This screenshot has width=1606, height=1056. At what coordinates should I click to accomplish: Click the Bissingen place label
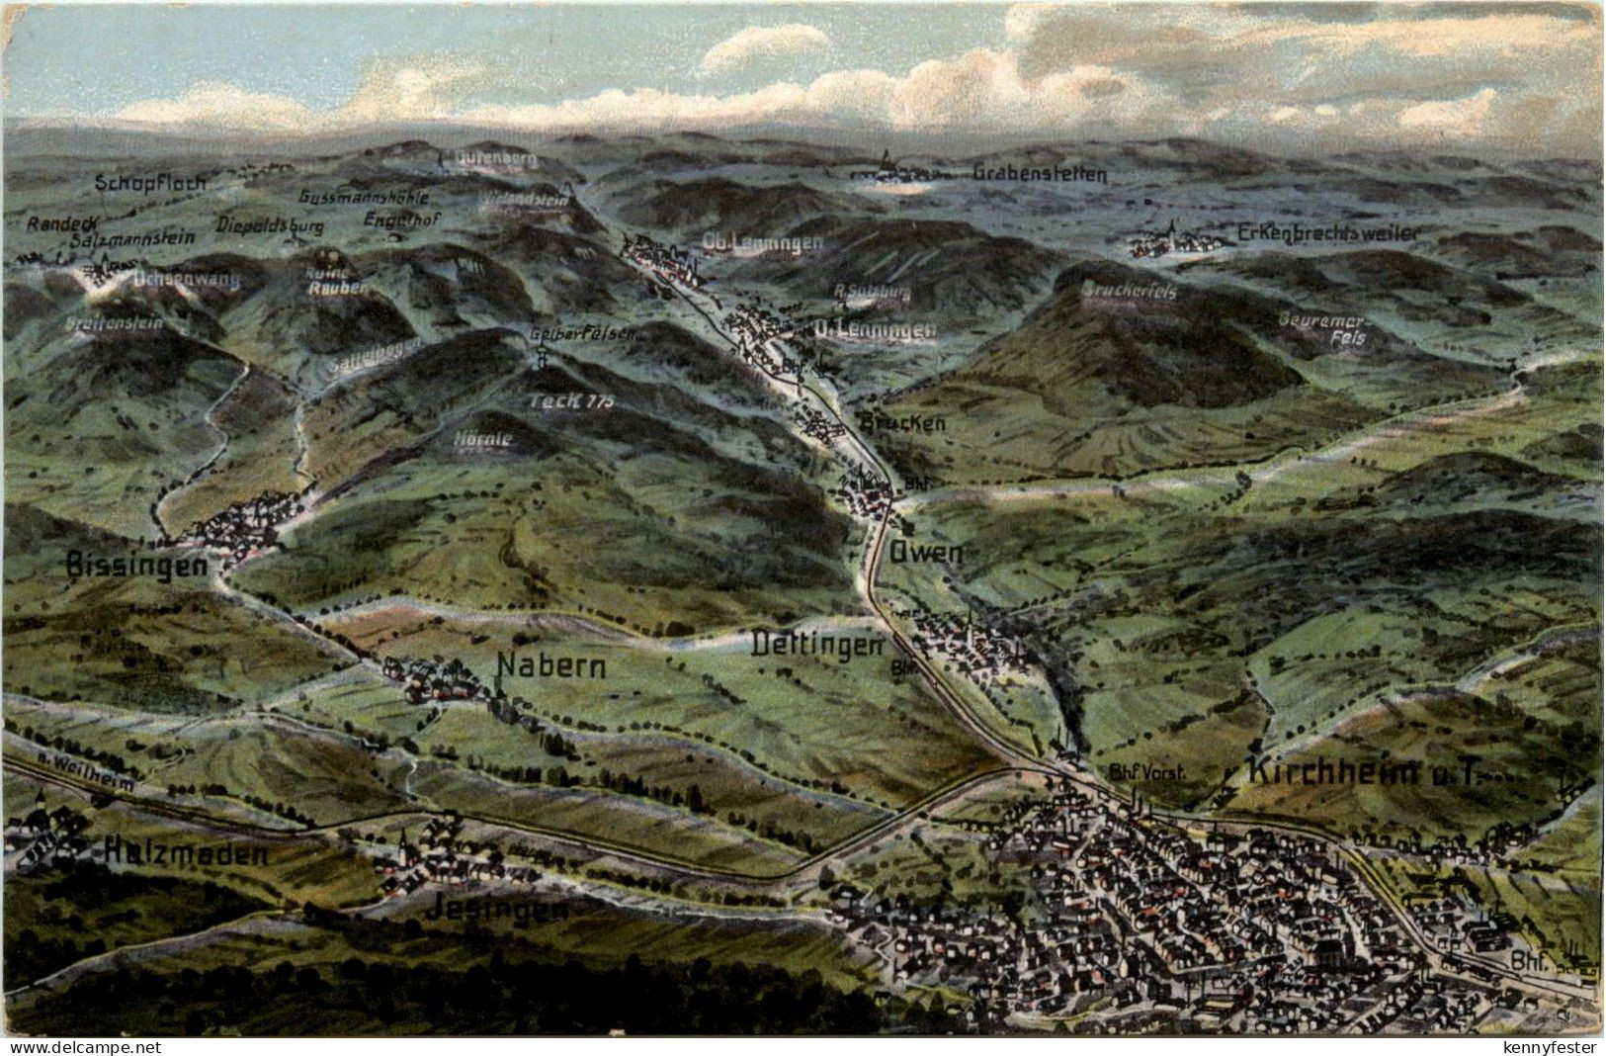pyautogui.click(x=136, y=566)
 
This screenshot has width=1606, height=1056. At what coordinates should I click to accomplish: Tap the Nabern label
pyautogui.click(x=550, y=666)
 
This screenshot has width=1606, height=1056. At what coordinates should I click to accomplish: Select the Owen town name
pyautogui.click(x=925, y=553)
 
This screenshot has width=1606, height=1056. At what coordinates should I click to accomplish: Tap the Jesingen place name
pyautogui.click(x=497, y=910)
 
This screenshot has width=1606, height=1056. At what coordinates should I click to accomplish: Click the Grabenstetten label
pyautogui.click(x=1040, y=174)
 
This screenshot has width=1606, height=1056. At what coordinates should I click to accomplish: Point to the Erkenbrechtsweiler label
pyautogui.click(x=1327, y=233)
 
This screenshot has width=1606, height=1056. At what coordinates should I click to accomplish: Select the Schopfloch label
pyautogui.click(x=150, y=183)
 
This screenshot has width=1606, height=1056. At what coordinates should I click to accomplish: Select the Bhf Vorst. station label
pyautogui.click(x=1146, y=774)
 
